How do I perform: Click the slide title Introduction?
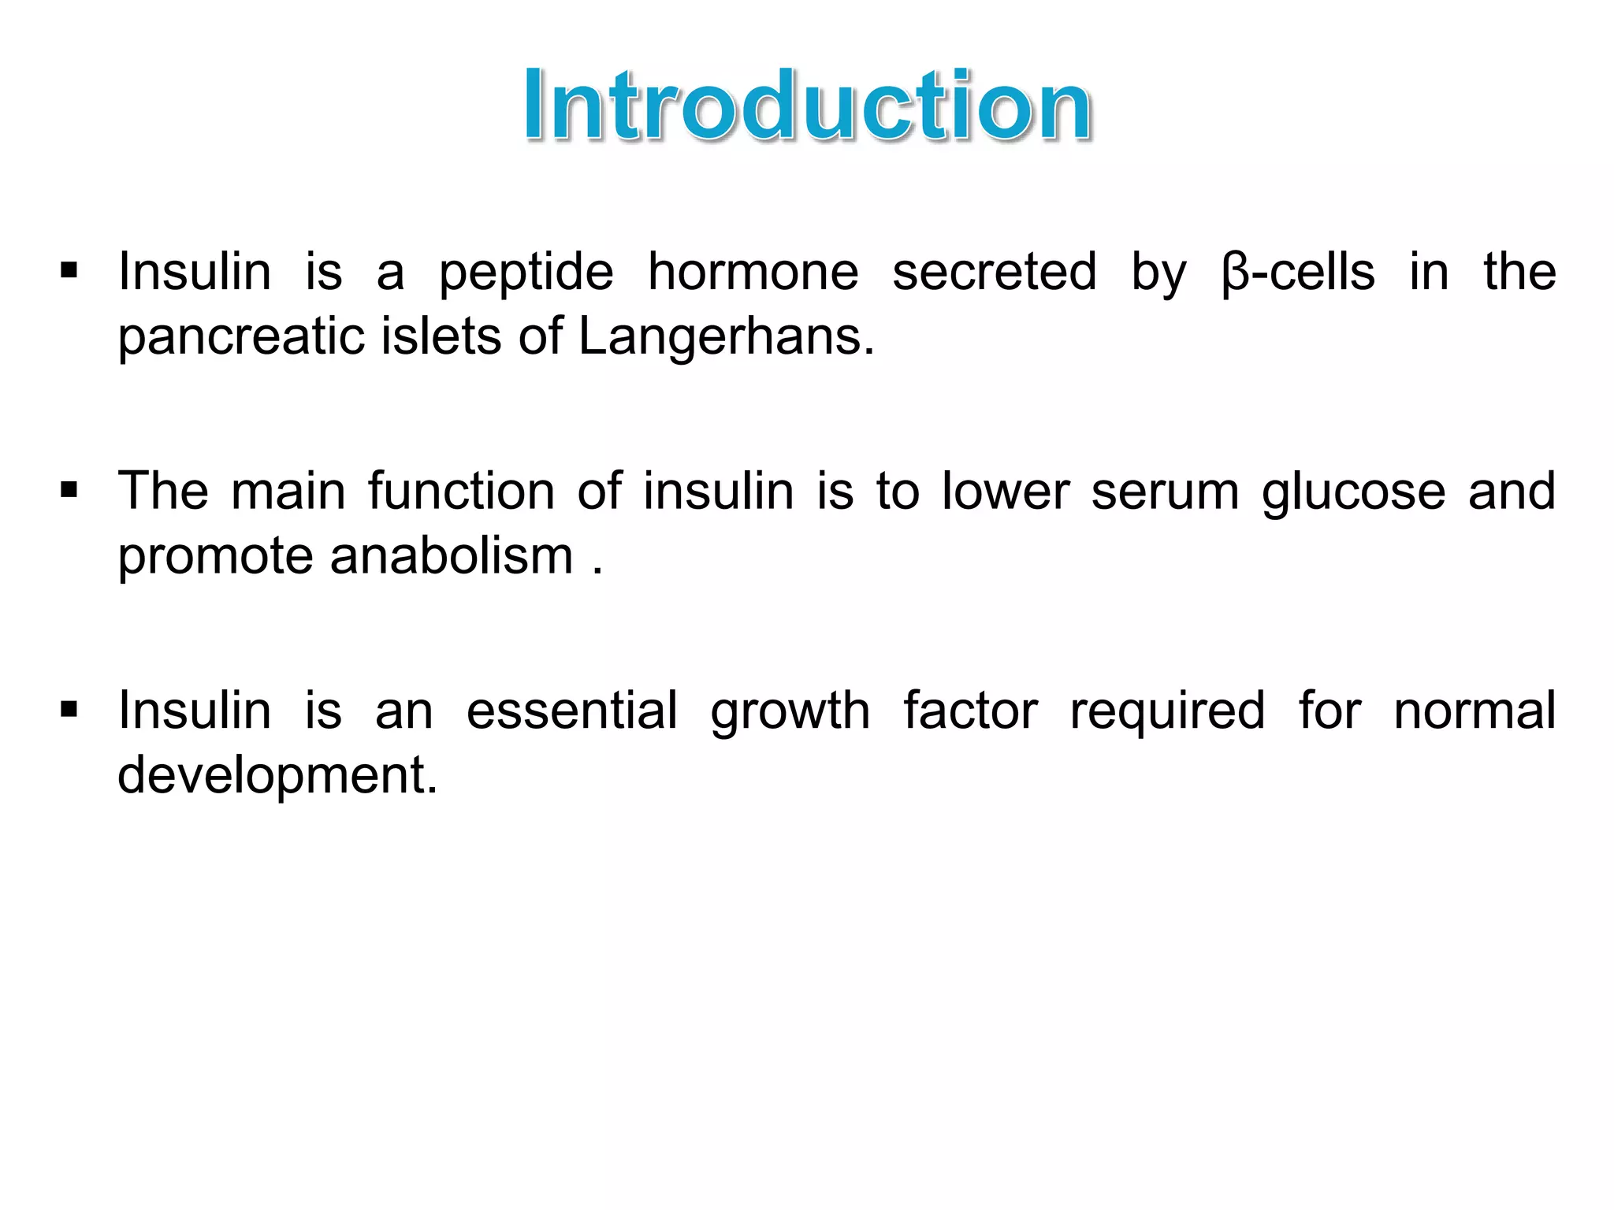point(808,106)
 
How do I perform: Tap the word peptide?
point(526,273)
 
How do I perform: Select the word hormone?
point(753,273)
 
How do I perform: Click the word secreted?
point(994,273)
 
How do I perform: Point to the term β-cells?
point(1298,273)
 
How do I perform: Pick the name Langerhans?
point(726,337)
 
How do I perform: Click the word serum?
point(1166,492)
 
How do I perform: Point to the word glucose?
point(1353,492)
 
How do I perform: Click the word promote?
point(216,557)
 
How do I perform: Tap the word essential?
point(571,711)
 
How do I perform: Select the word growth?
point(790,712)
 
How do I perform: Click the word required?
point(1167,712)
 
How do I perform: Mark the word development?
point(277,776)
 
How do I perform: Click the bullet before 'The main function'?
point(69,492)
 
